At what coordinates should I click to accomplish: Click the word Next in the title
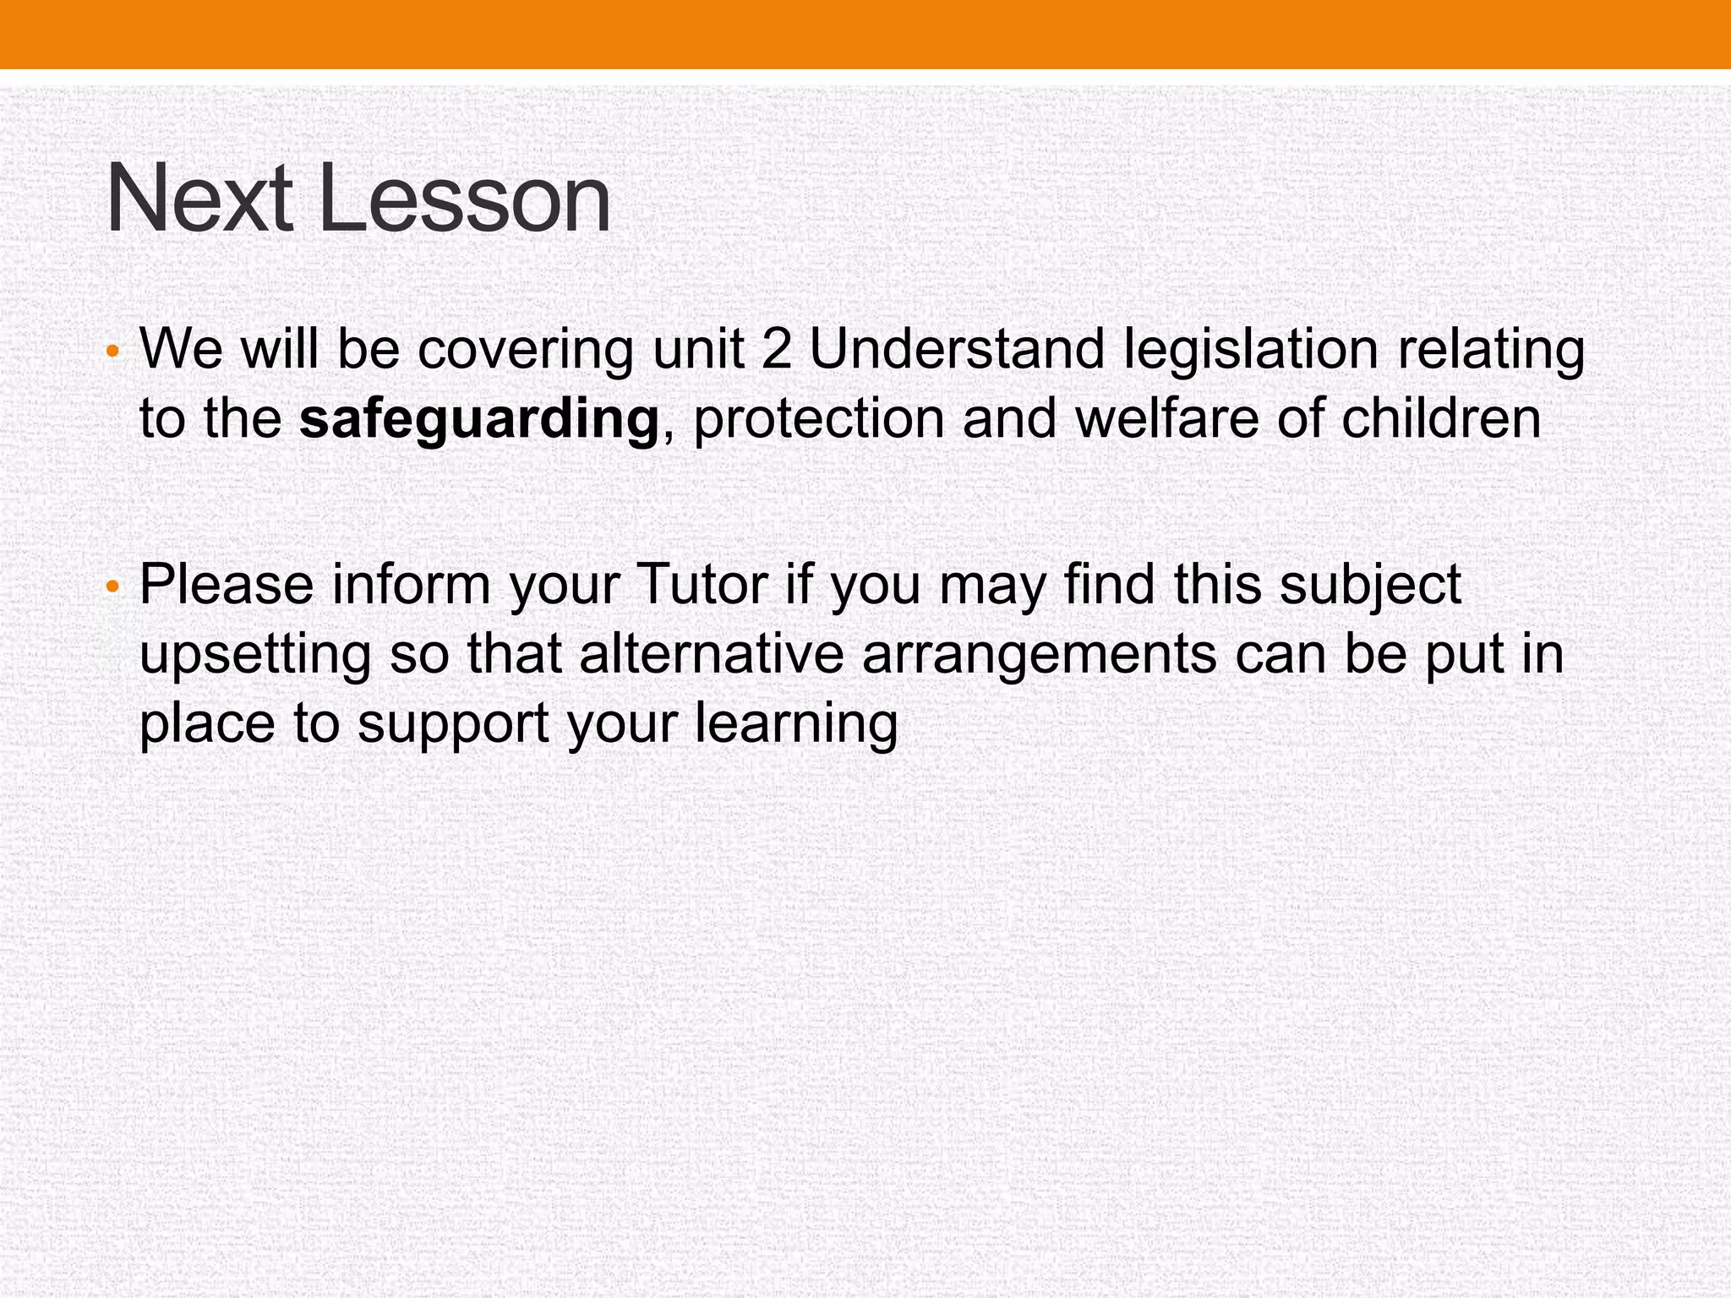[199, 199]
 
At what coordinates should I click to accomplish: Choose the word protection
[818, 420]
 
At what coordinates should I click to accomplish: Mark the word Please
[227, 584]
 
